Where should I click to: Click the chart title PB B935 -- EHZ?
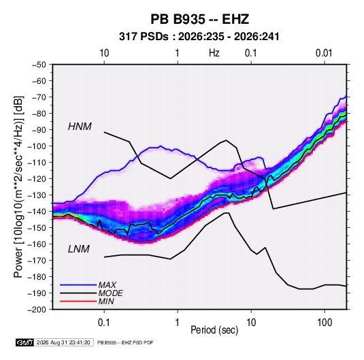[199, 19]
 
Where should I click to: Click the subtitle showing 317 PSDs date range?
[199, 37]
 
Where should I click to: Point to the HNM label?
[80, 127]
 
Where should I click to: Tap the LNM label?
[79, 249]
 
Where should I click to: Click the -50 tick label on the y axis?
[39, 65]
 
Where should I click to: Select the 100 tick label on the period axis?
[325, 323]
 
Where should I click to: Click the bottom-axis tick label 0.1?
[104, 323]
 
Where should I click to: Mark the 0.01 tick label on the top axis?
[324, 53]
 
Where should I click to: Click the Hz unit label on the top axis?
[214, 53]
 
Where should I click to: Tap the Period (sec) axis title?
[214, 330]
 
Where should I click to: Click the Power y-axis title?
[18, 187]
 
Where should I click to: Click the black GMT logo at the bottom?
[24, 342]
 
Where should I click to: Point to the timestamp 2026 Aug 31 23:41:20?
[63, 342]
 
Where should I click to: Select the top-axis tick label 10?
[104, 53]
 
